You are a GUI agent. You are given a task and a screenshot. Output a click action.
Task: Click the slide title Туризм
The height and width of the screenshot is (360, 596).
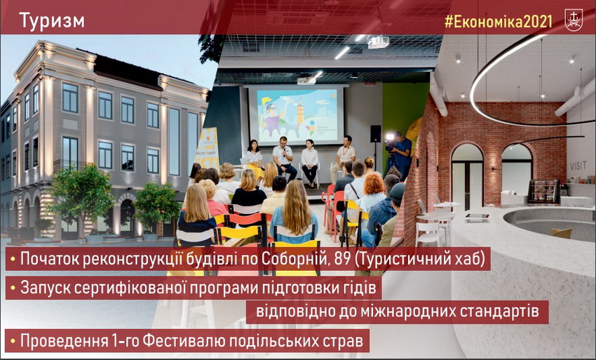coord(52,21)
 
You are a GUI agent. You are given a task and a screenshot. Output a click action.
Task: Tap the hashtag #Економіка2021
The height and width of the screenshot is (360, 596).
coord(499,22)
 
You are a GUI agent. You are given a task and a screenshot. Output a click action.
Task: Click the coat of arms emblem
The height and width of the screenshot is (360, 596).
coord(574,20)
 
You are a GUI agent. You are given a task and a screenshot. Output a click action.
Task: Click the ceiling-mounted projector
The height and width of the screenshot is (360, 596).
coord(378,41)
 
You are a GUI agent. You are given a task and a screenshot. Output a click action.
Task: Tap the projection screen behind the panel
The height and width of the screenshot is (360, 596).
coord(296,115)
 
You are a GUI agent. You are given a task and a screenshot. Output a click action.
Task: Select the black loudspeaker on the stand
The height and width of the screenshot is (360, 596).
coord(376,133)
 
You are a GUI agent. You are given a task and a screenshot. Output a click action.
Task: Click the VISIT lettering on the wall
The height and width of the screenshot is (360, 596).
coord(578,166)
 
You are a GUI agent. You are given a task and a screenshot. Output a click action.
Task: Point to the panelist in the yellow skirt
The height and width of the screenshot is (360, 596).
coord(255,159)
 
